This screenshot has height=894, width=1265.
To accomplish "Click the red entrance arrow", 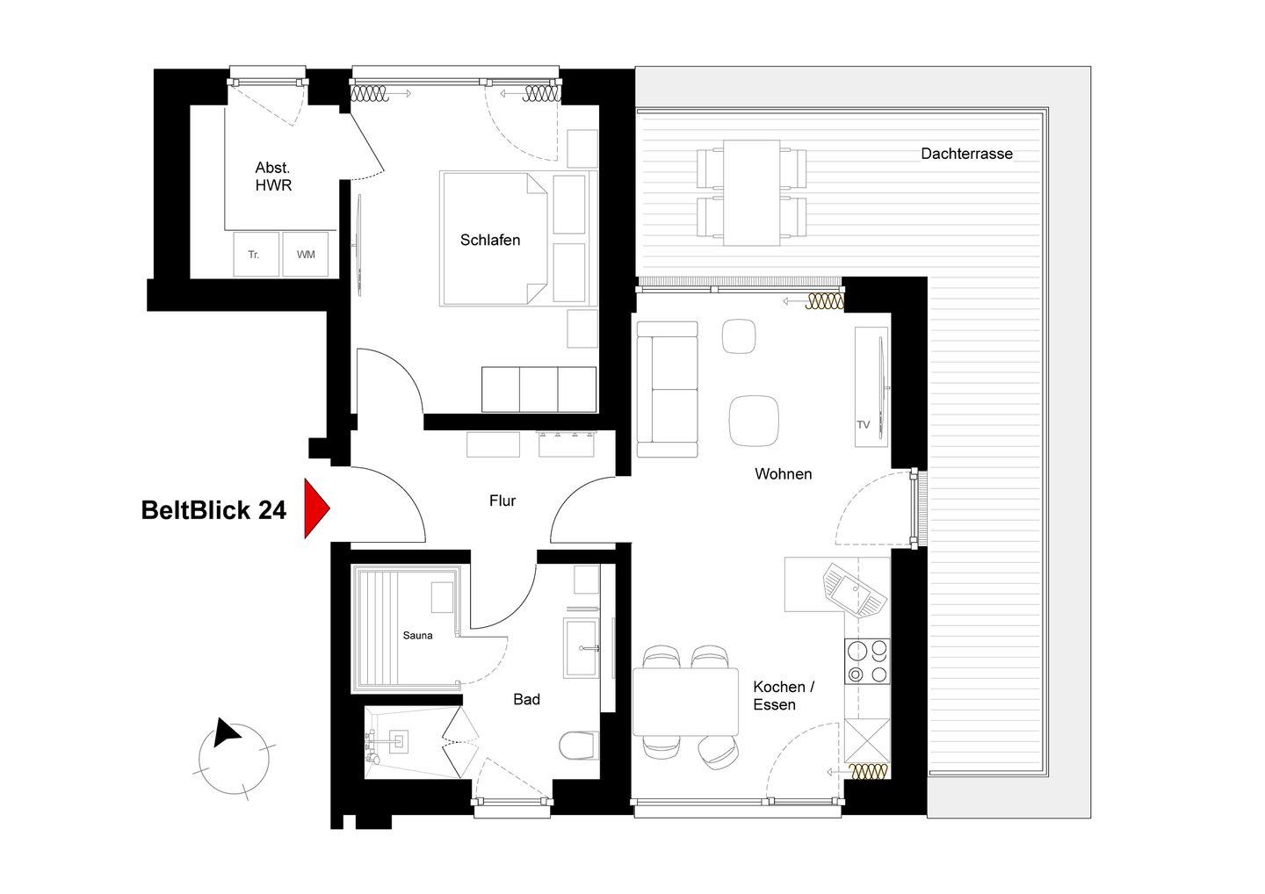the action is (315, 508).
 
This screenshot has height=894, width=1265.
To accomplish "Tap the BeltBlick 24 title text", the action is (213, 510).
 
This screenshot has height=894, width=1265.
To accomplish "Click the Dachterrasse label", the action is (966, 154).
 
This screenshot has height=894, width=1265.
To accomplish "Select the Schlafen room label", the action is (489, 241).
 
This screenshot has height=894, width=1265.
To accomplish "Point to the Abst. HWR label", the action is (272, 177).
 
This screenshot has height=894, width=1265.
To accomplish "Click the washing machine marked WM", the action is (306, 255).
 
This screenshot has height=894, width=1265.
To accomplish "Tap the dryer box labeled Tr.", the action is (256, 255).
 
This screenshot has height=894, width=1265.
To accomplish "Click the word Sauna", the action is (417, 636).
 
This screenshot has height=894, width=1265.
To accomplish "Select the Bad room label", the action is (526, 699).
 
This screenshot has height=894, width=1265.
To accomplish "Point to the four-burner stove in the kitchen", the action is (867, 661).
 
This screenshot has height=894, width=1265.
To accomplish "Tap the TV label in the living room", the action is (863, 424).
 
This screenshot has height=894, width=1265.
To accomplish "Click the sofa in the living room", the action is (667, 389).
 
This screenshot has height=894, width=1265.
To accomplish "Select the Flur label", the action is (502, 501).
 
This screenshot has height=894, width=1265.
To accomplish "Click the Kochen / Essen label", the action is (783, 696).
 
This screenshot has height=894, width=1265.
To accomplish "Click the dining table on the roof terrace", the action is (752, 192).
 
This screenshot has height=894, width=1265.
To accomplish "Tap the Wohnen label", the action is (783, 474).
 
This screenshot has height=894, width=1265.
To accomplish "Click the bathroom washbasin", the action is (581, 648).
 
